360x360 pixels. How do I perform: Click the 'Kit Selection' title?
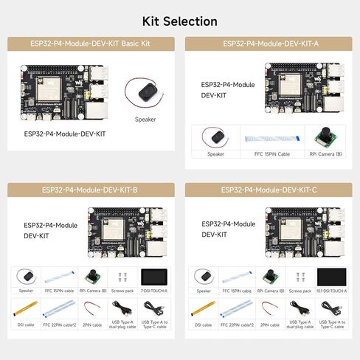(x=179, y=21)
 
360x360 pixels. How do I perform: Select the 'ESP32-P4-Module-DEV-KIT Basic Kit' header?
(x=91, y=44)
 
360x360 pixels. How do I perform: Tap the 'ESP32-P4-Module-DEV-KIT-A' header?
(x=269, y=44)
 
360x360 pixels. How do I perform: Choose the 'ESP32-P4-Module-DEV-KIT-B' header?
(x=91, y=190)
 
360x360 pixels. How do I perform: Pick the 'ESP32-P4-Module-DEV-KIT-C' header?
(x=269, y=190)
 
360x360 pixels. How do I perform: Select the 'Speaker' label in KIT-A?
(x=215, y=154)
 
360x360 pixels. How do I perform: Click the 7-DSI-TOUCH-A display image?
(x=156, y=277)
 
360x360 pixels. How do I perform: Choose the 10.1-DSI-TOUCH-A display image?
(x=331, y=277)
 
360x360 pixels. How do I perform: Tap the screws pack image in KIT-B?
(x=125, y=277)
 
